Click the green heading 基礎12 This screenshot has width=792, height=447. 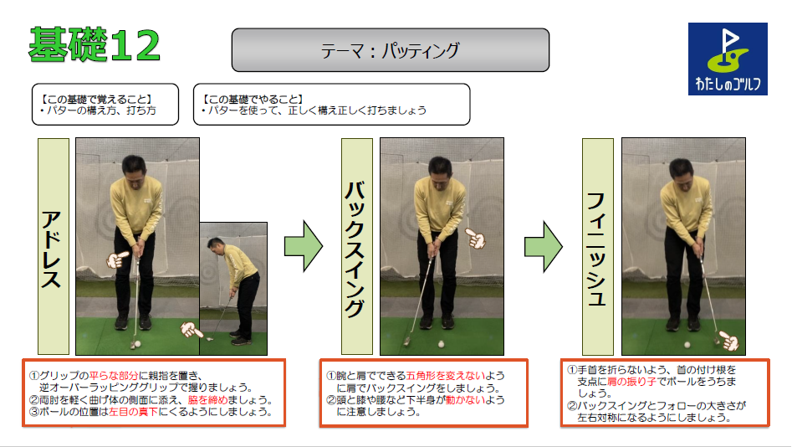pyautogui.click(x=95, y=45)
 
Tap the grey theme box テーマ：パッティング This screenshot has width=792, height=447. pyautogui.click(x=391, y=49)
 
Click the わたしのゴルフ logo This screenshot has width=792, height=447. pyautogui.click(x=728, y=59)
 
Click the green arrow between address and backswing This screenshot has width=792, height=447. pyautogui.click(x=303, y=246)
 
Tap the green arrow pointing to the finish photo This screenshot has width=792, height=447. pyautogui.click(x=544, y=246)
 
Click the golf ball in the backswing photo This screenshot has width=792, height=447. pyautogui.click(x=442, y=344)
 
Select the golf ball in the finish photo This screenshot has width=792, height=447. pyautogui.click(x=687, y=344)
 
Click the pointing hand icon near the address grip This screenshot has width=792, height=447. pyautogui.click(x=117, y=259)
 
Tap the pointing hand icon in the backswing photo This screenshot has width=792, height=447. pyautogui.click(x=475, y=239)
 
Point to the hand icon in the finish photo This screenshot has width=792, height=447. pyautogui.click(x=729, y=341)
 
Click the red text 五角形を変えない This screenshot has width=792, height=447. pyautogui.click(x=446, y=376)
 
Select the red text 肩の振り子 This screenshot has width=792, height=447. pyautogui.click(x=631, y=382)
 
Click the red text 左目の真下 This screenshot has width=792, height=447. pyautogui.click(x=133, y=412)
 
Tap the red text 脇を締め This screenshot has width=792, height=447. pyautogui.click(x=207, y=400)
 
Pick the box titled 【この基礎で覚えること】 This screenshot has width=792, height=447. pyautogui.click(x=105, y=104)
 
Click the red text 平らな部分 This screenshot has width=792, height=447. pyautogui.click(x=114, y=376)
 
